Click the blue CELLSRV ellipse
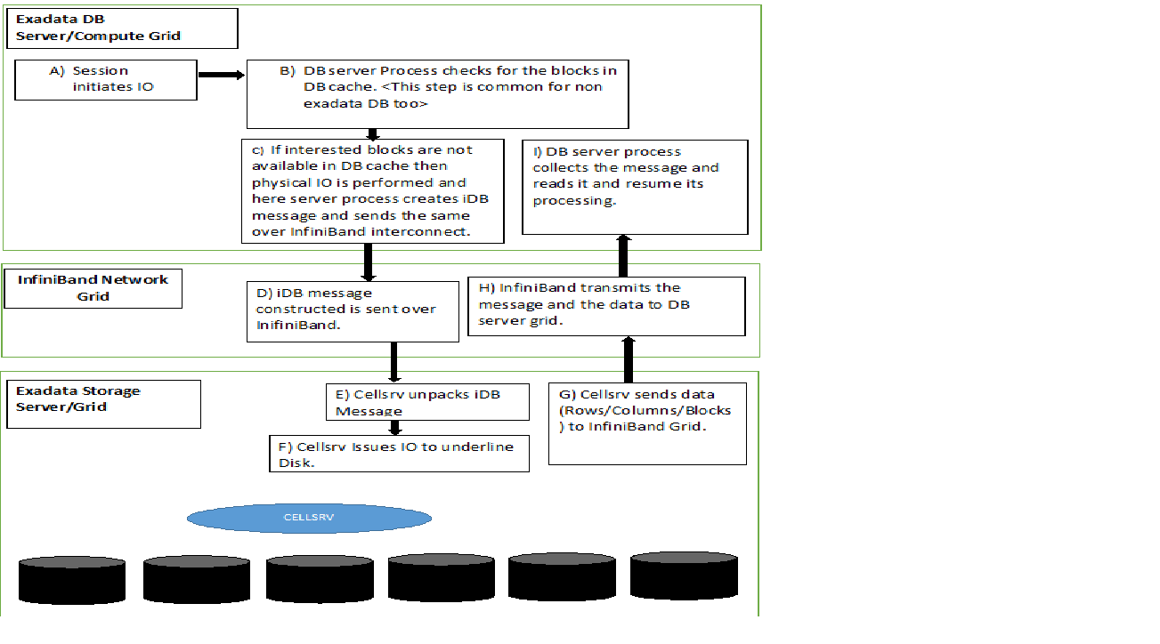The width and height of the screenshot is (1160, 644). click(309, 518)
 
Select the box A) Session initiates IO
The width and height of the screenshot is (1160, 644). click(106, 80)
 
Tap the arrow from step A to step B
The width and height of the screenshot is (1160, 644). click(221, 75)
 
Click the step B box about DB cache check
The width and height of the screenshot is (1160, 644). click(437, 95)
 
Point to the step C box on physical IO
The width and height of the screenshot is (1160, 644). click(372, 190)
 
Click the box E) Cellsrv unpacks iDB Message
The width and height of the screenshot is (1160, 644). click(427, 402)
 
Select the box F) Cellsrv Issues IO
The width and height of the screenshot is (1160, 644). click(399, 453)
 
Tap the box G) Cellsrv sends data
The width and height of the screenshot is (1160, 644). click(647, 423)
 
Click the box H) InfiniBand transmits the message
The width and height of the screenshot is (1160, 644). click(606, 306)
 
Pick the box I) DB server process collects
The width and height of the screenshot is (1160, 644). click(634, 187)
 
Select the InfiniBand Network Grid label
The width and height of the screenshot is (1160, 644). click(93, 288)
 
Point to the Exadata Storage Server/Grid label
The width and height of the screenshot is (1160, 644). click(103, 404)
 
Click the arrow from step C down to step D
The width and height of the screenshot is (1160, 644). click(368, 262)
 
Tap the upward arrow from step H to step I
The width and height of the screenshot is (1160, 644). click(623, 256)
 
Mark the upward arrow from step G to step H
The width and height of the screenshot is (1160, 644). click(629, 359)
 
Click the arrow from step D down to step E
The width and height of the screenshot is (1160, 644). click(393, 362)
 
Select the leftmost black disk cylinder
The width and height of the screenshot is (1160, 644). click(72, 580)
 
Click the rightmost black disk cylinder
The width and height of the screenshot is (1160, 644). click(684, 576)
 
